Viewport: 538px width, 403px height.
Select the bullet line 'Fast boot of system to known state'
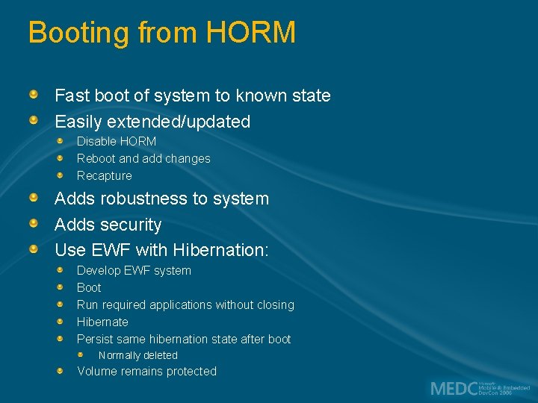pyautogui.click(x=192, y=96)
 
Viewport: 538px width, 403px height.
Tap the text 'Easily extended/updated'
pyautogui.click(x=152, y=121)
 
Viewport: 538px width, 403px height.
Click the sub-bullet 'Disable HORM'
pyautogui.click(x=117, y=141)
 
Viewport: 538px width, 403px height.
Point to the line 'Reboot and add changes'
pyautogui.click(x=143, y=158)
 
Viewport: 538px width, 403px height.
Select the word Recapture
pyautogui.click(x=104, y=175)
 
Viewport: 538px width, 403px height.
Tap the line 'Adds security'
pyautogui.click(x=108, y=225)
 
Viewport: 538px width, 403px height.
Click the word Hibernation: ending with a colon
pyautogui.click(x=220, y=250)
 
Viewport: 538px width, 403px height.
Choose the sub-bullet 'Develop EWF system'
pyautogui.click(x=134, y=270)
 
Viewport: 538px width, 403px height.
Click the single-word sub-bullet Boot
pyautogui.click(x=89, y=287)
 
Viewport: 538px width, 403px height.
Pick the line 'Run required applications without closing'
pyautogui.click(x=185, y=304)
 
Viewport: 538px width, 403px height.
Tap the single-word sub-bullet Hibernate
pyautogui.click(x=102, y=322)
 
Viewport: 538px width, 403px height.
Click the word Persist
pyautogui.click(x=94, y=339)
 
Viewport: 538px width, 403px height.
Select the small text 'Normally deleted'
pyautogui.click(x=137, y=355)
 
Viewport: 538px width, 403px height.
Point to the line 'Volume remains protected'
pyautogui.click(x=146, y=371)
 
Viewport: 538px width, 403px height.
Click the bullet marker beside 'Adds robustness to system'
pyautogui.click(x=34, y=198)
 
